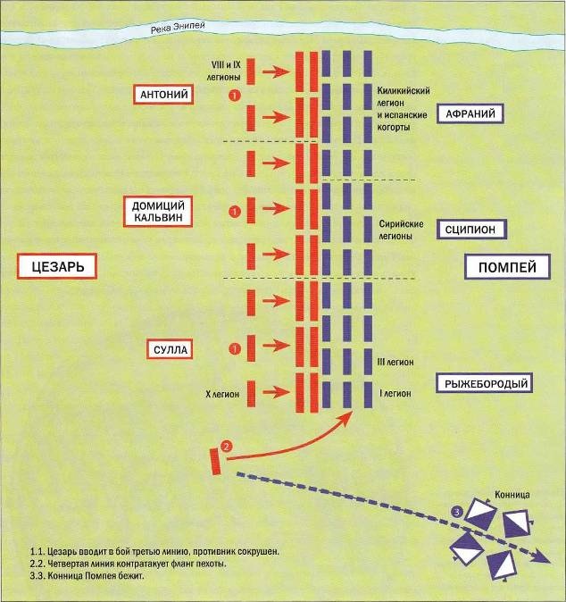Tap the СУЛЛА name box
(x=170, y=348)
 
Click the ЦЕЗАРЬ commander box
(x=56, y=266)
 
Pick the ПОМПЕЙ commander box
(x=506, y=266)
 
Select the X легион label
(x=221, y=392)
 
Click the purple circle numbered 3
(x=458, y=512)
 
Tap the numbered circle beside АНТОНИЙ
(x=234, y=95)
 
